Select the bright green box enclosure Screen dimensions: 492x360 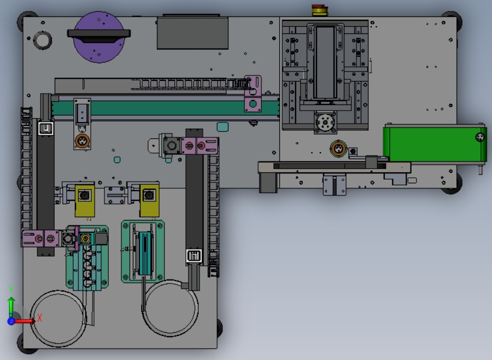(435, 143)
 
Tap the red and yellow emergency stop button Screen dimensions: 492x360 (319, 10)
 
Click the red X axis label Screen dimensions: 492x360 (39, 318)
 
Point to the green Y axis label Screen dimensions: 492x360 (11, 289)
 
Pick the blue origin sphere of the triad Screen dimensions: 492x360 (11, 321)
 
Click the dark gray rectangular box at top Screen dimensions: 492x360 (192, 33)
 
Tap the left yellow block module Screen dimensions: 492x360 (85, 200)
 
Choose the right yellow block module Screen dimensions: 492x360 (149, 200)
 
